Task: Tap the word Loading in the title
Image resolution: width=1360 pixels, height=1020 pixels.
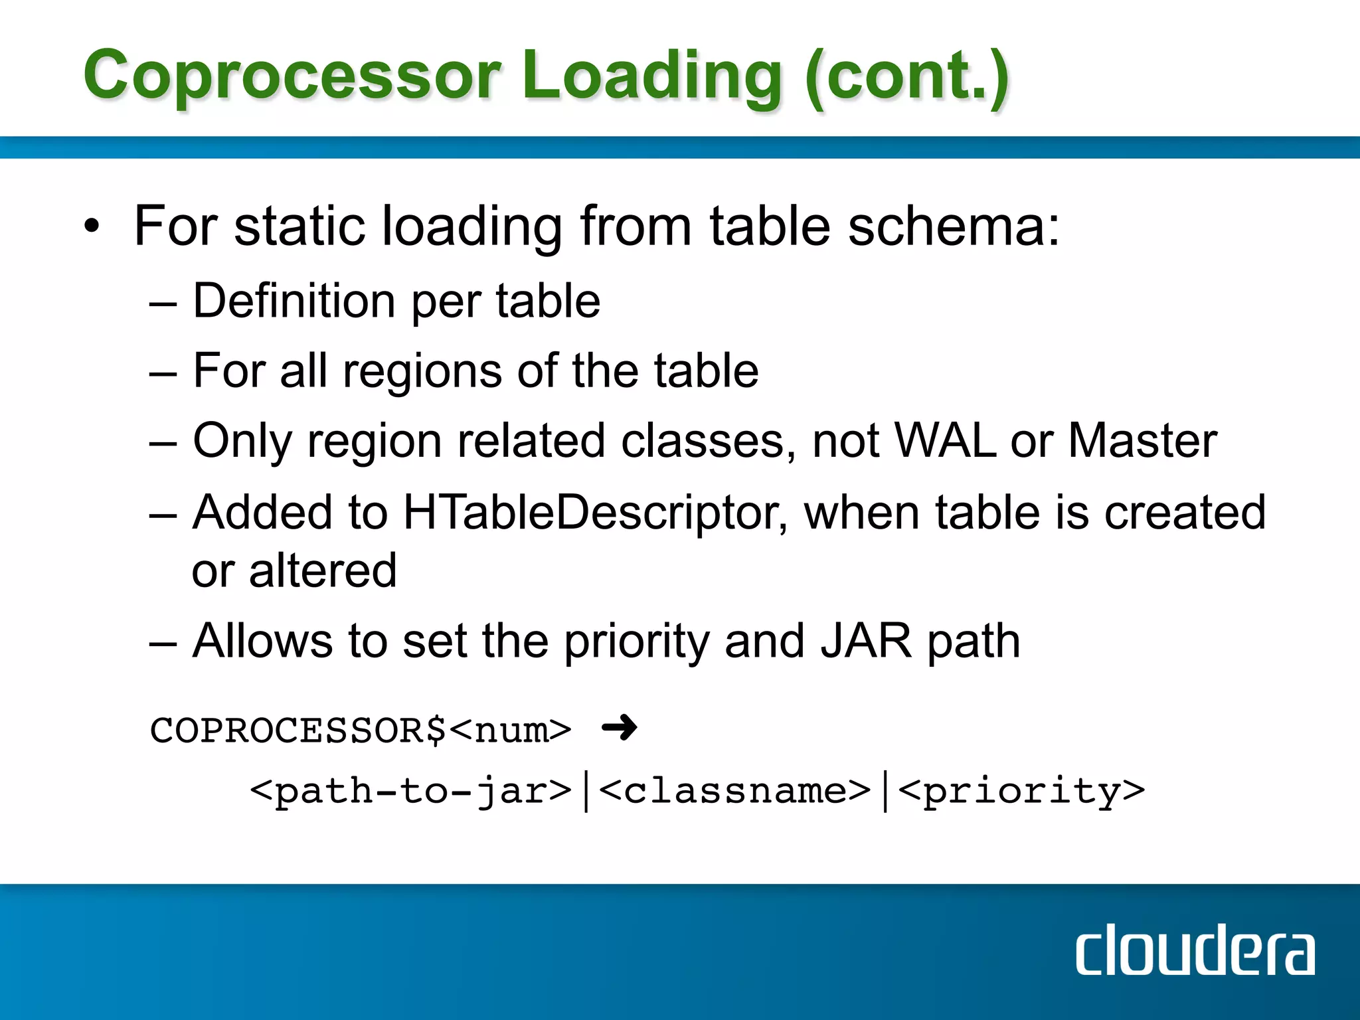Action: (651, 76)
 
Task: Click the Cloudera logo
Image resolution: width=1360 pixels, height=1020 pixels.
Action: (1195, 950)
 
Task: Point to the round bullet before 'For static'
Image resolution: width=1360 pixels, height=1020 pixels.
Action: (92, 227)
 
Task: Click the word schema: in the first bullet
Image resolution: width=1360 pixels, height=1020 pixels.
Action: (954, 226)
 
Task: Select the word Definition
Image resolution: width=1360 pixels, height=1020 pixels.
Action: (294, 301)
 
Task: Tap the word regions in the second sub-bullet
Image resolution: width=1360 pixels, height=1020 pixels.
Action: (422, 371)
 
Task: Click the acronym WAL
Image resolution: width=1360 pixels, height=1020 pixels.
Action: (945, 440)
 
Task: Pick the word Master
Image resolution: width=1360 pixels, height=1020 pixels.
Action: (1142, 440)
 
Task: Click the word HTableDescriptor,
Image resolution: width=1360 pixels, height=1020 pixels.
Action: (595, 512)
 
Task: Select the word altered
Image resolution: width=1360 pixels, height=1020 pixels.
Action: (323, 570)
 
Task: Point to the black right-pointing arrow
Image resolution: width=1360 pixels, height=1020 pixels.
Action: (619, 728)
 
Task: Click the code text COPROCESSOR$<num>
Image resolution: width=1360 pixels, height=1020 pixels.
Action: (361, 730)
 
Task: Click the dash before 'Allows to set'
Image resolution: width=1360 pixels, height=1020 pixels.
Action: (163, 643)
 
